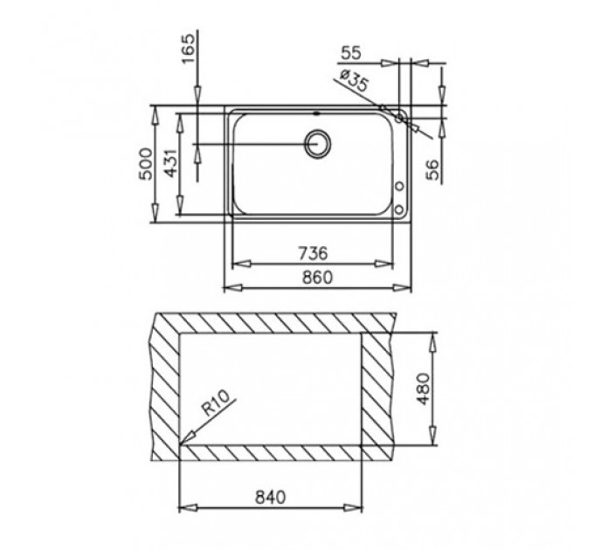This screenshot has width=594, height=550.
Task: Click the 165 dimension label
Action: [x=189, y=49]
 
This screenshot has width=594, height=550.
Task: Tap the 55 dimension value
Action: [x=351, y=53]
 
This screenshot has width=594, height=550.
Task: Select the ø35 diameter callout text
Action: [x=354, y=82]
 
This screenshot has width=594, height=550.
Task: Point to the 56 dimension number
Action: [x=432, y=168]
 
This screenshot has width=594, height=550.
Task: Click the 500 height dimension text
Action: [x=146, y=163]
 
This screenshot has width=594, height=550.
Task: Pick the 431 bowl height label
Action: [x=171, y=162]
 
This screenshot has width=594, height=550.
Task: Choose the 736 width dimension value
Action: [x=313, y=253]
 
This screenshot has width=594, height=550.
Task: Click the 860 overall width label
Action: [x=317, y=278]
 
